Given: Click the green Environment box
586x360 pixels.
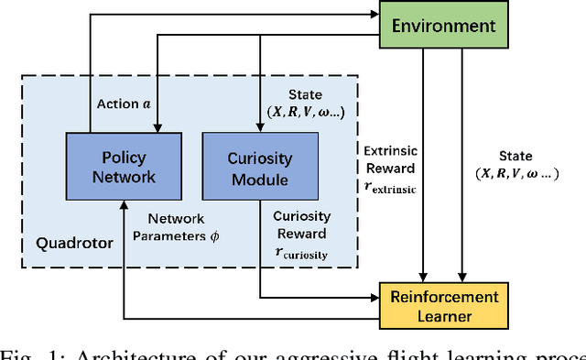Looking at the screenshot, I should [442, 27].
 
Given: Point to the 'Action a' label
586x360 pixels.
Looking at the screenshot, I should [125, 104].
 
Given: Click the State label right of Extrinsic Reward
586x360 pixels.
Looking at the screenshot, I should [515, 157].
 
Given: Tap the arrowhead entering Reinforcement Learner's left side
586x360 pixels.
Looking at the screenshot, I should [375, 298].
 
